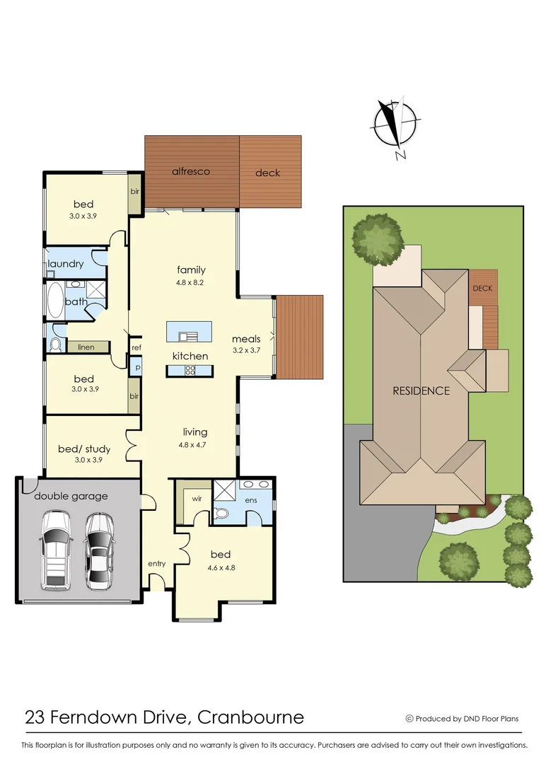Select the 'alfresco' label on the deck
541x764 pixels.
[191, 171]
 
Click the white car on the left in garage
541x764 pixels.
[55, 550]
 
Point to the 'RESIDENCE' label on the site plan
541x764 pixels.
[421, 390]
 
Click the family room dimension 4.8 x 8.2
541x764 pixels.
[191, 282]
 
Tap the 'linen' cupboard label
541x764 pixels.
[86, 347]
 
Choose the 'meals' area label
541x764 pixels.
[246, 339]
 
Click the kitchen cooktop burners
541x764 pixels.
[190, 370]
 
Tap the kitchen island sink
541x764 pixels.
[187, 336]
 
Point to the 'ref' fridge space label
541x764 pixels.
[136, 347]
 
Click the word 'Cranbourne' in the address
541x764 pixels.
[251, 717]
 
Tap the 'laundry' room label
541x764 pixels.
[66, 264]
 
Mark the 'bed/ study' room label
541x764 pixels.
[83, 447]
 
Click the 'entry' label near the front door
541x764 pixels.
[156, 563]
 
